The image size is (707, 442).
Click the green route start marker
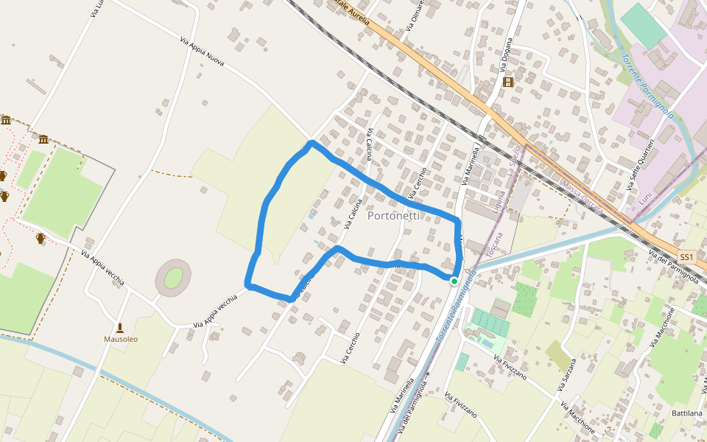click(x=454, y=281)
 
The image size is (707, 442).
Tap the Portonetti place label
click(x=393, y=216)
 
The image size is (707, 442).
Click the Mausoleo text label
click(x=120, y=340)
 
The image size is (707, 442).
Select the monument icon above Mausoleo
click(x=120, y=327)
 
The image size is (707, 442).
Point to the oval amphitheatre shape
click(x=173, y=278)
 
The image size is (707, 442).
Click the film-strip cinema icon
click(x=507, y=82)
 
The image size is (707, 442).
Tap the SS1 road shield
click(x=686, y=257)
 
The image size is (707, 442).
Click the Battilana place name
click(x=687, y=413)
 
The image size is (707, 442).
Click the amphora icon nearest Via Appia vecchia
click(x=41, y=238)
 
